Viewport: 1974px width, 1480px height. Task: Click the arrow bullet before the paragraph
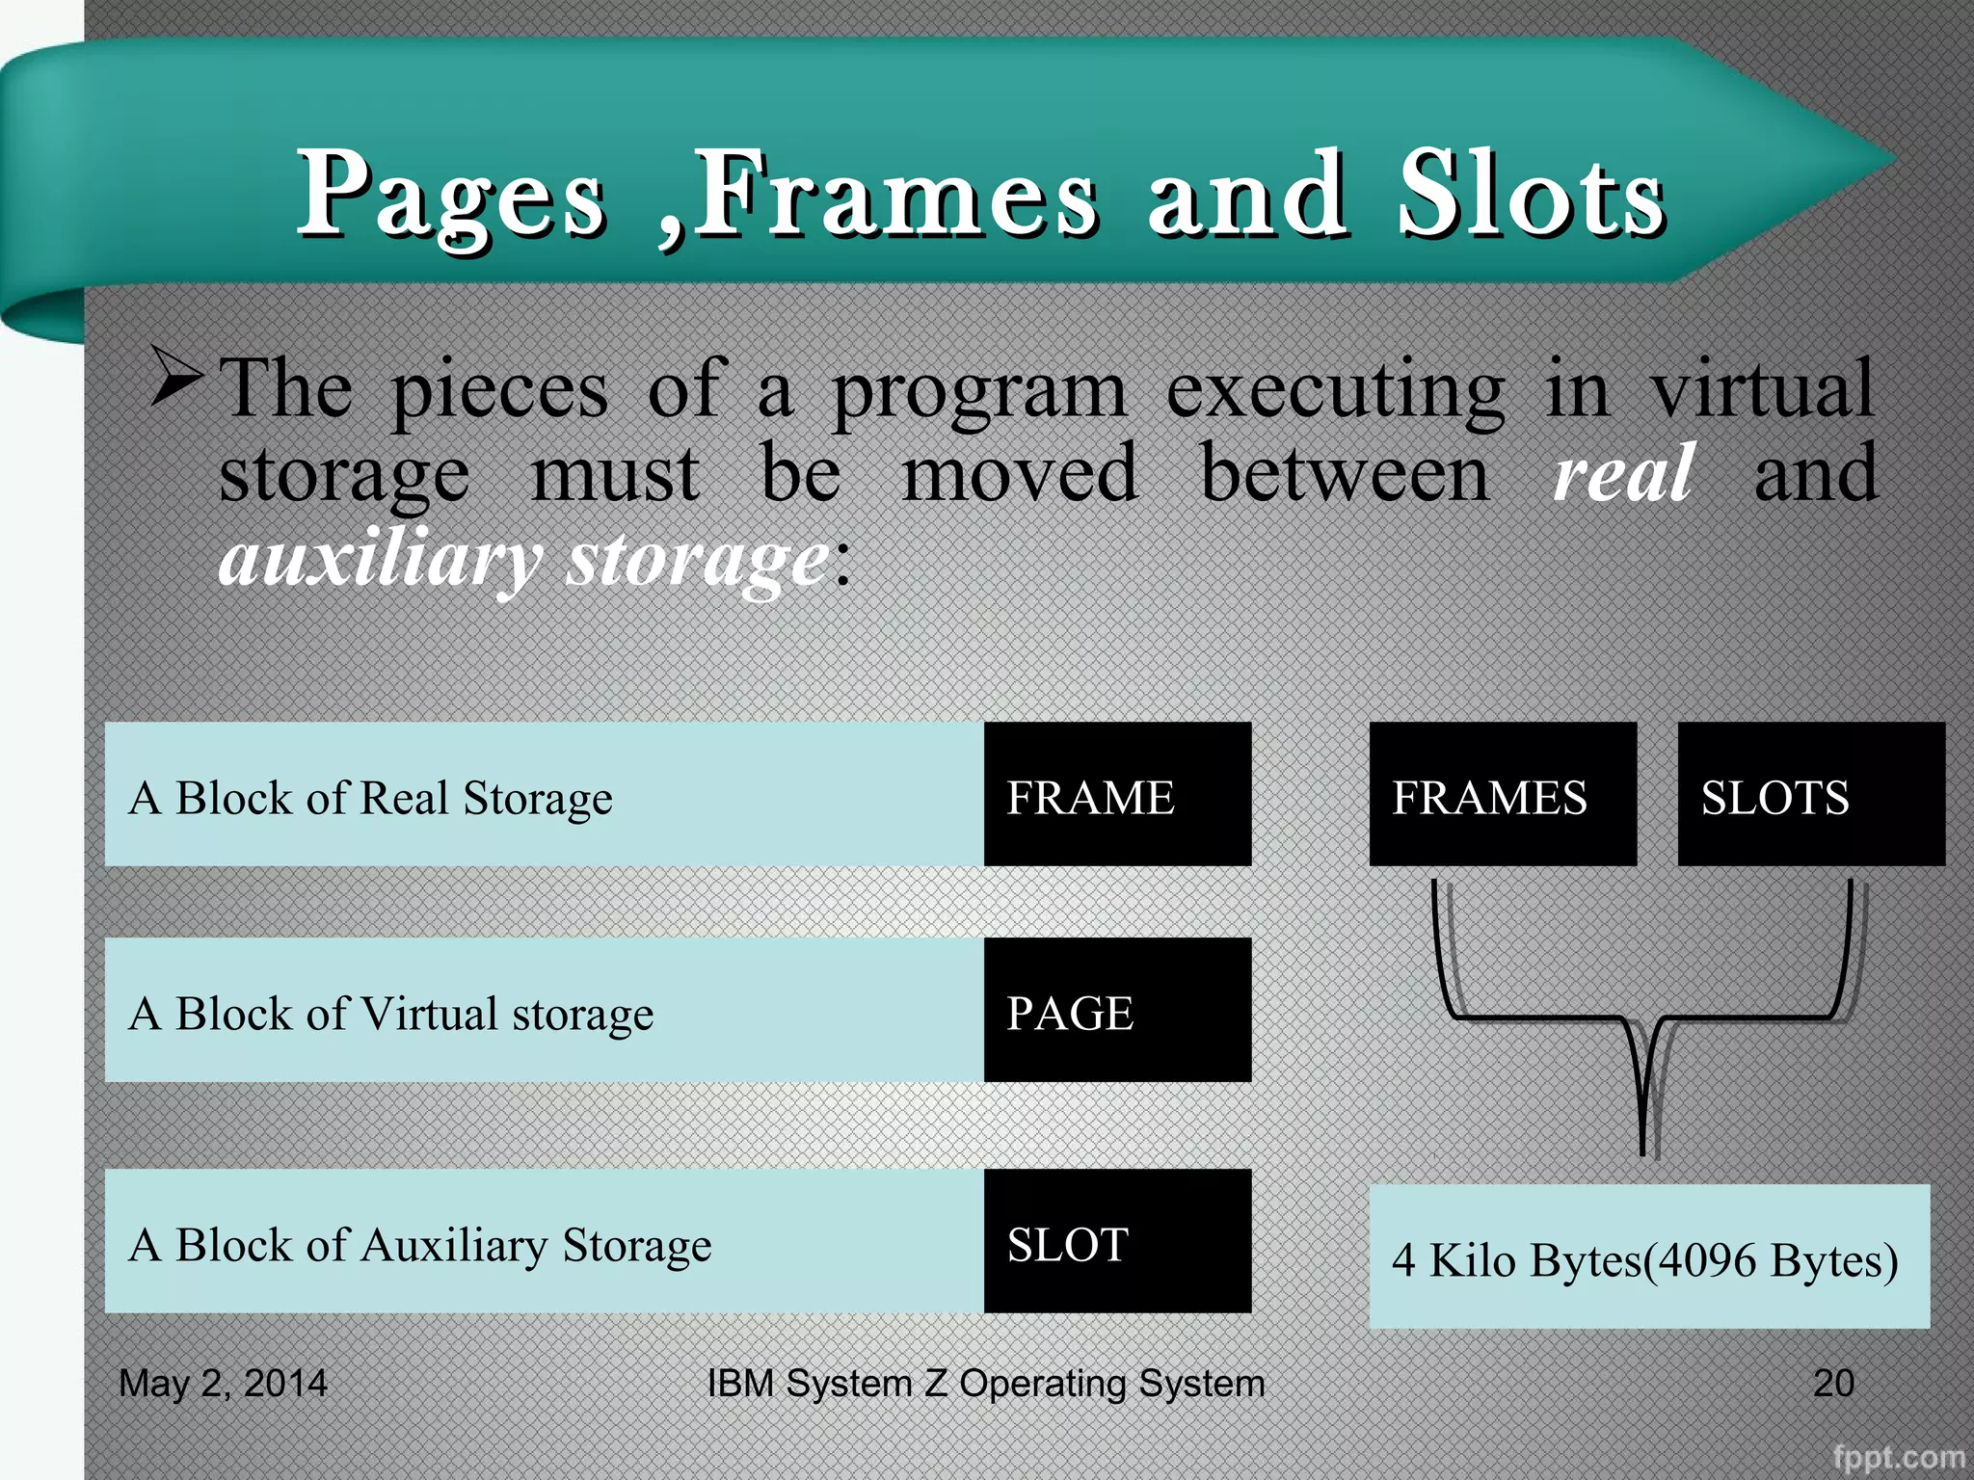click(177, 379)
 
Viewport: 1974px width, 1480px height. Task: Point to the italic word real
click(1623, 474)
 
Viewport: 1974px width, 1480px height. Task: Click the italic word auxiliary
click(380, 560)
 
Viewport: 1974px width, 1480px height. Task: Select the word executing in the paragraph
click(1335, 390)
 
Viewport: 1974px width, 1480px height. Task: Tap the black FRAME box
click(1117, 794)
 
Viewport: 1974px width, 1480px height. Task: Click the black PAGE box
click(1117, 1010)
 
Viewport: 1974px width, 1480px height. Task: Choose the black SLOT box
click(1117, 1241)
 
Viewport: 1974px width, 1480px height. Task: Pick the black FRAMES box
click(1502, 794)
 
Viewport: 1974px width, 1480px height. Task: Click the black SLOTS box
click(1810, 794)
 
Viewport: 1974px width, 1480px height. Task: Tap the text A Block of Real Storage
click(371, 798)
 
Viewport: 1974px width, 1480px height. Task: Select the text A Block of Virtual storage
click(391, 1014)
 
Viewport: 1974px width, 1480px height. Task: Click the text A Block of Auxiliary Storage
click(420, 1245)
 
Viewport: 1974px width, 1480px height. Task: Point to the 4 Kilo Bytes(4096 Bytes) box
click(1648, 1256)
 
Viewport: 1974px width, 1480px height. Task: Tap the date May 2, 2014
click(223, 1383)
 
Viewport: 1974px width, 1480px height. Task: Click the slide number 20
click(1833, 1383)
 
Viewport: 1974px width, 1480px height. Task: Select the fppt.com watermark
click(1898, 1456)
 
